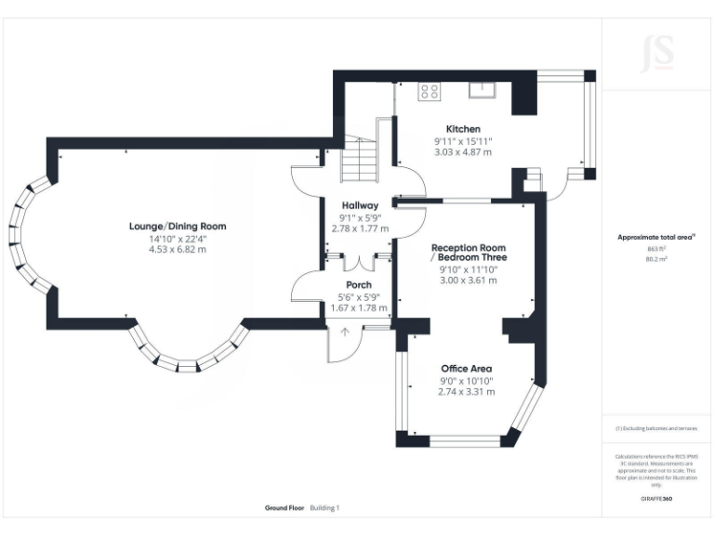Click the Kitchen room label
[463, 129]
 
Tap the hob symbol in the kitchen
[430, 90]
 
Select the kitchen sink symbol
[482, 89]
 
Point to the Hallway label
[359, 205]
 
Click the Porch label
[359, 284]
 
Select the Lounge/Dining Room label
[178, 226]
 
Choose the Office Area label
[467, 369]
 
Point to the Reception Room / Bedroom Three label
[469, 254]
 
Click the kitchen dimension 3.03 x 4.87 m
[463, 151]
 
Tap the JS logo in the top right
[657, 53]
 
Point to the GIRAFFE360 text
[657, 499]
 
